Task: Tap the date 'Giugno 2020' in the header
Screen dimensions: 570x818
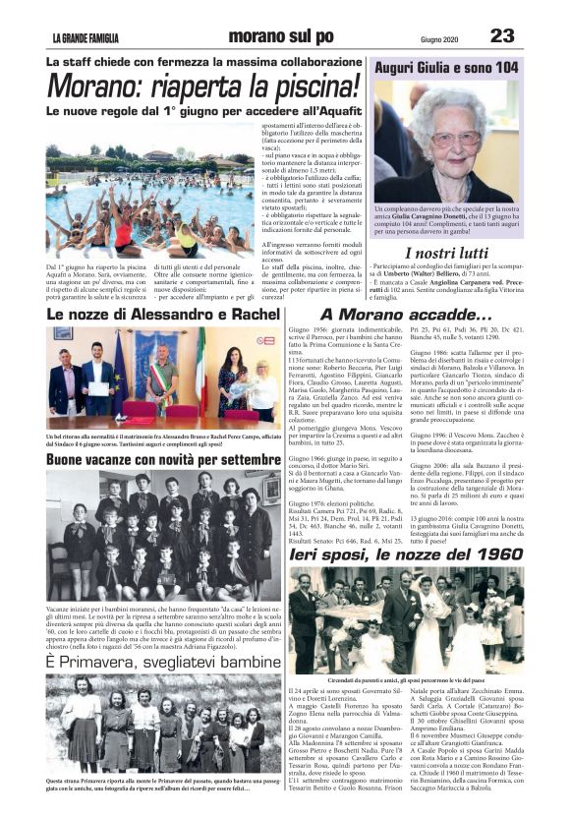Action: point(438,38)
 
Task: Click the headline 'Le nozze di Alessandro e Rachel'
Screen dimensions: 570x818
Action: point(163,314)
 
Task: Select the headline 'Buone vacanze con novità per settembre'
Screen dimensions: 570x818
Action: point(163,458)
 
